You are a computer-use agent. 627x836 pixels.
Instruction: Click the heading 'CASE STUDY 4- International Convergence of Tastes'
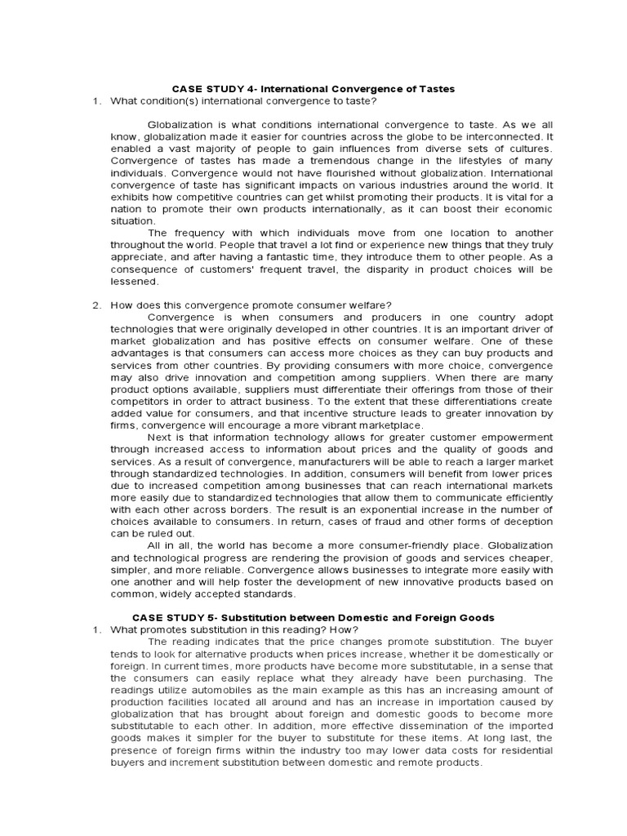point(312,88)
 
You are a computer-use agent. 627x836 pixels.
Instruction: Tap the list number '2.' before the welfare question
point(96,305)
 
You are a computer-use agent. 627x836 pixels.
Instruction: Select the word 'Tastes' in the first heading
point(435,88)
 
